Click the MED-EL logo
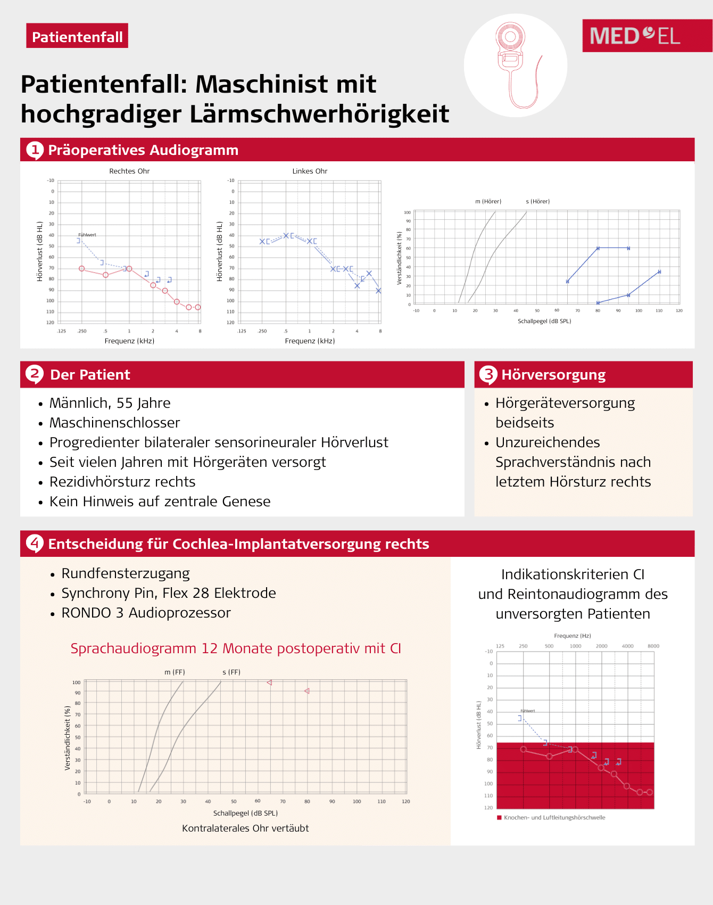[635, 36]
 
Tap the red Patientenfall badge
[77, 36]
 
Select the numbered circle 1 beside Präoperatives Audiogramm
[35, 150]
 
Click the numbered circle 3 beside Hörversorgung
[488, 375]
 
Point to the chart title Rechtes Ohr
[129, 171]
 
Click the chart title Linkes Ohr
[310, 171]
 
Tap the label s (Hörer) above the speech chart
[537, 201]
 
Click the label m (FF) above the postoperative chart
[175, 672]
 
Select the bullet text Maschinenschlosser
[114, 423]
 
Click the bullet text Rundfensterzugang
[126, 573]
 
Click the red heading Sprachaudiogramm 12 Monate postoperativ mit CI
[236, 648]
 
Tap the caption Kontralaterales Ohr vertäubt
[245, 828]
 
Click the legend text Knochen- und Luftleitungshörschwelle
[554, 818]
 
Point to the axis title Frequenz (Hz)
[572, 636]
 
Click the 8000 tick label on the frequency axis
[653, 646]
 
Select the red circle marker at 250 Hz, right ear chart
[81, 269]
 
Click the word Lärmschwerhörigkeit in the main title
[319, 114]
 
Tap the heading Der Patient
[90, 375]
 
